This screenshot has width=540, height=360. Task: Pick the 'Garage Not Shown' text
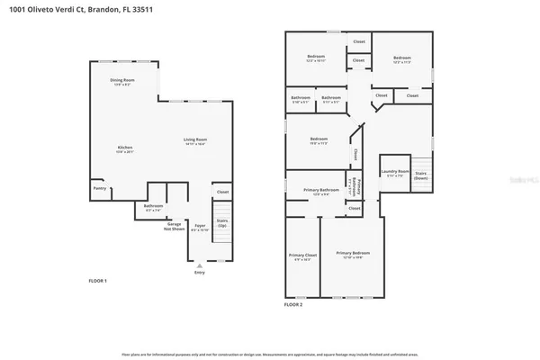coord(173,228)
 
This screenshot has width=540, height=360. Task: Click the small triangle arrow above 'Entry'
coord(199,265)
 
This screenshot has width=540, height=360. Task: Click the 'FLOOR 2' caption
coord(293,305)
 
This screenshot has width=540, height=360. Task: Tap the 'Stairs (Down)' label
coord(421,177)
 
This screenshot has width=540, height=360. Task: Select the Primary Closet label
coord(302,257)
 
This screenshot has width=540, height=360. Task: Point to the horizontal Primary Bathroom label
coord(321,191)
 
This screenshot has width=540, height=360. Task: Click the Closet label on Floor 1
coord(223,192)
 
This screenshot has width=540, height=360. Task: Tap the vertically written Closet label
coord(356,154)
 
